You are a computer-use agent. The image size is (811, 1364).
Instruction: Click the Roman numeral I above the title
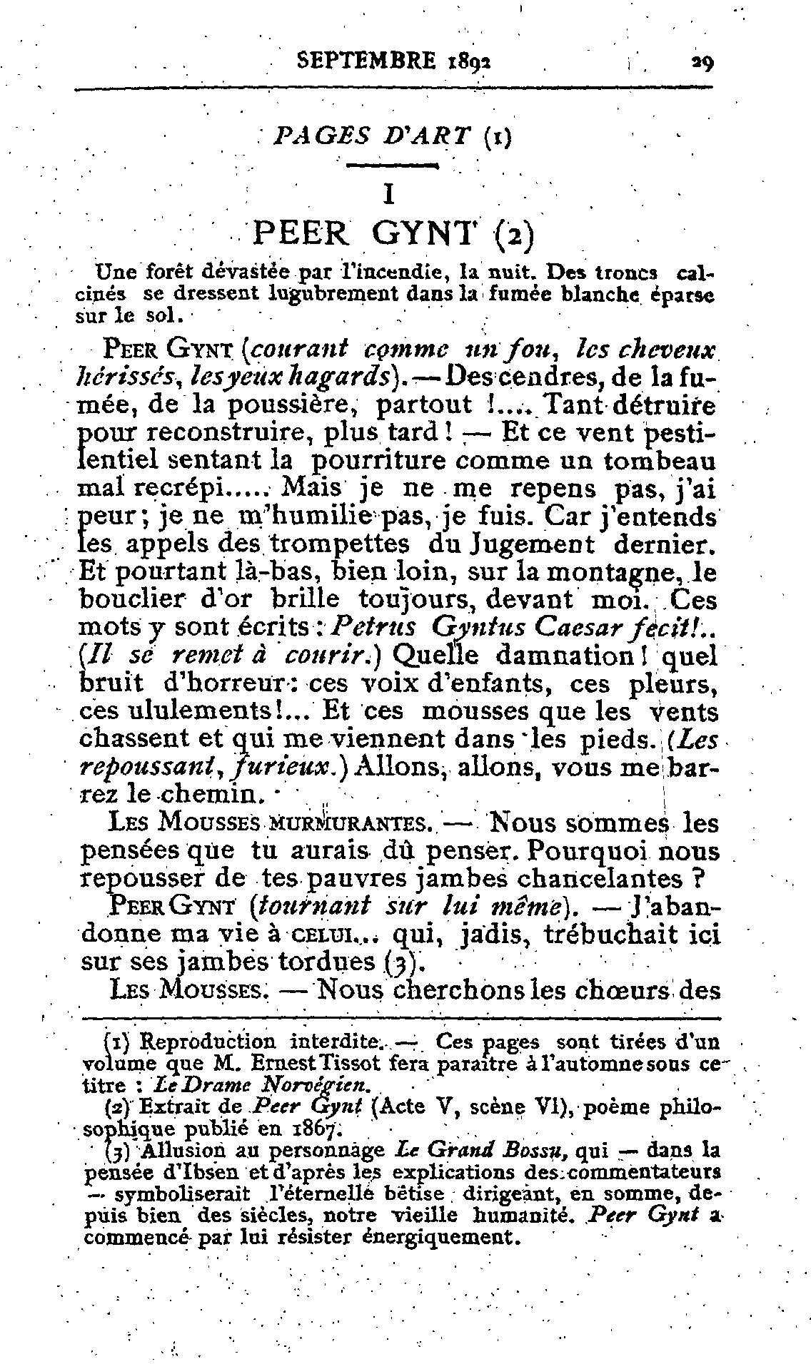pyautogui.click(x=388, y=194)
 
